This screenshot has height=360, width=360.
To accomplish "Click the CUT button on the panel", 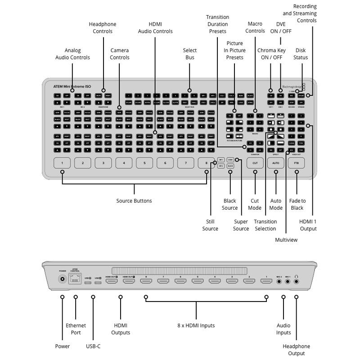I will (x=255, y=163).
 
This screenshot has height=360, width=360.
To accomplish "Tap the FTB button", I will (x=296, y=163).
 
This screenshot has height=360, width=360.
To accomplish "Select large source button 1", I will (x=62, y=163).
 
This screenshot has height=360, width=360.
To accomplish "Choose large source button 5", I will (x=144, y=163).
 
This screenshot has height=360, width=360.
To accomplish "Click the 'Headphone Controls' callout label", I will (x=103, y=27).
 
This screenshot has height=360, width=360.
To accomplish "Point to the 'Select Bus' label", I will (x=189, y=54).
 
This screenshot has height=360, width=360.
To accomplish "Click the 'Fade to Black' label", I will (x=297, y=204).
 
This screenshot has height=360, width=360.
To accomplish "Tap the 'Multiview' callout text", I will (x=286, y=240).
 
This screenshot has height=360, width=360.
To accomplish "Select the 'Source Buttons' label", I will (x=134, y=201).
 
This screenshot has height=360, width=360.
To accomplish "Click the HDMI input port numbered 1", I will (x=266, y=281).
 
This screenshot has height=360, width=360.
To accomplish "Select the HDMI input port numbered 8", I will (x=146, y=281).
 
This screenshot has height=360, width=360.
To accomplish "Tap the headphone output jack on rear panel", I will (x=296, y=281).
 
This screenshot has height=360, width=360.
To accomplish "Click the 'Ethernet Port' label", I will (x=76, y=329).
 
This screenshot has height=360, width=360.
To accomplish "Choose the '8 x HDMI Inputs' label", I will (x=196, y=325).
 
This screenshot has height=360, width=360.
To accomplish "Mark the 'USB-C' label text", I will (x=93, y=346).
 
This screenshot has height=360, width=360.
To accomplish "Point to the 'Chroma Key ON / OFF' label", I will (x=271, y=54).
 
